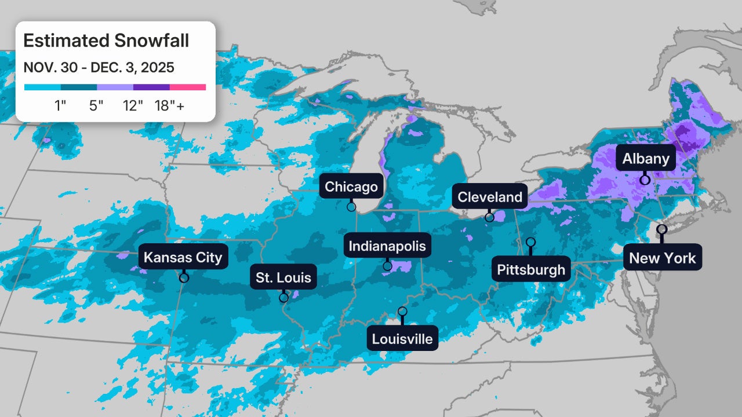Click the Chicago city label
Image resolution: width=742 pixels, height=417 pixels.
[x=351, y=186]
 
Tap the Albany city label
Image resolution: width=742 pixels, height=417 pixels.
[x=646, y=159]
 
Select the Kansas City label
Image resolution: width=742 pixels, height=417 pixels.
[x=183, y=257]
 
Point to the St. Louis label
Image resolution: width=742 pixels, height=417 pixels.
[x=283, y=277]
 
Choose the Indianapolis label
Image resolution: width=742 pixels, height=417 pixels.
[x=387, y=246]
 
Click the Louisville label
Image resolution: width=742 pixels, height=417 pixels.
[x=402, y=338]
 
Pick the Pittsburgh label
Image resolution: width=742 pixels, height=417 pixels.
[x=530, y=269]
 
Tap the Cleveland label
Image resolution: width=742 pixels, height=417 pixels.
[x=490, y=197]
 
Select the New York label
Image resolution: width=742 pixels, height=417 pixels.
[x=662, y=257]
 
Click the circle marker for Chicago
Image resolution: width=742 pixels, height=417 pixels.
[x=351, y=207]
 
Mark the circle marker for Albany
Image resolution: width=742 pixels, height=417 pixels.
[x=645, y=180]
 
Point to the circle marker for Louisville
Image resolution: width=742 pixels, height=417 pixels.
[x=402, y=312]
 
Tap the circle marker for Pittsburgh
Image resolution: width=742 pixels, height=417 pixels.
[x=530, y=242]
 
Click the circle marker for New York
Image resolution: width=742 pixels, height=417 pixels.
[x=661, y=229]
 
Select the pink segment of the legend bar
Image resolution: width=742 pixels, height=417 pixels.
[x=188, y=87]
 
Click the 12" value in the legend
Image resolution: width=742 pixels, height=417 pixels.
[x=133, y=106]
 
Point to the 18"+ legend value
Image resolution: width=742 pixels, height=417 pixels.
[x=169, y=106]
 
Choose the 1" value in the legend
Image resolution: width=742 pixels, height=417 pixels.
[x=60, y=106]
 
